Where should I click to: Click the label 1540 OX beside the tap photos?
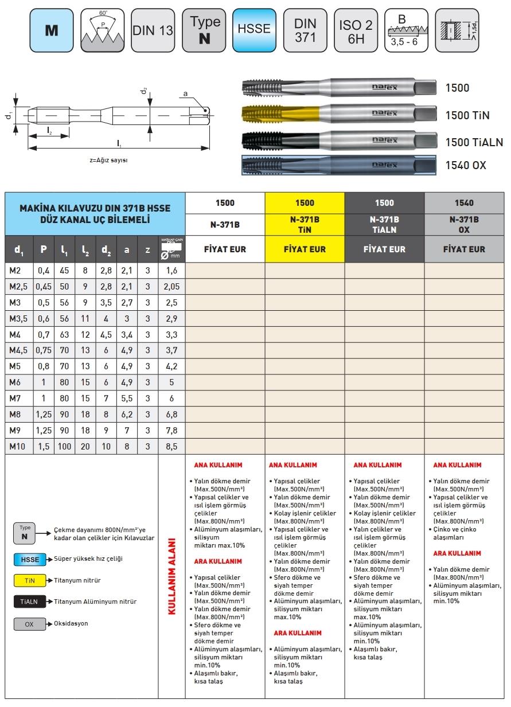point(466,165)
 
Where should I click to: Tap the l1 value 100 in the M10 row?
point(64,446)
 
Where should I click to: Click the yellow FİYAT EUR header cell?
point(305,249)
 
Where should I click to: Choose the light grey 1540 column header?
point(464,202)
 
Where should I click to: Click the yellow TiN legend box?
point(30,580)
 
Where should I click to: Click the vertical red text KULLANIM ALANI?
point(171,576)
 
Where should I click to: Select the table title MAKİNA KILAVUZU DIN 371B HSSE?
point(95,208)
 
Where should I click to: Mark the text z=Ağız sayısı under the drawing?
point(109,160)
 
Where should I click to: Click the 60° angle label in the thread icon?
point(103,13)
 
